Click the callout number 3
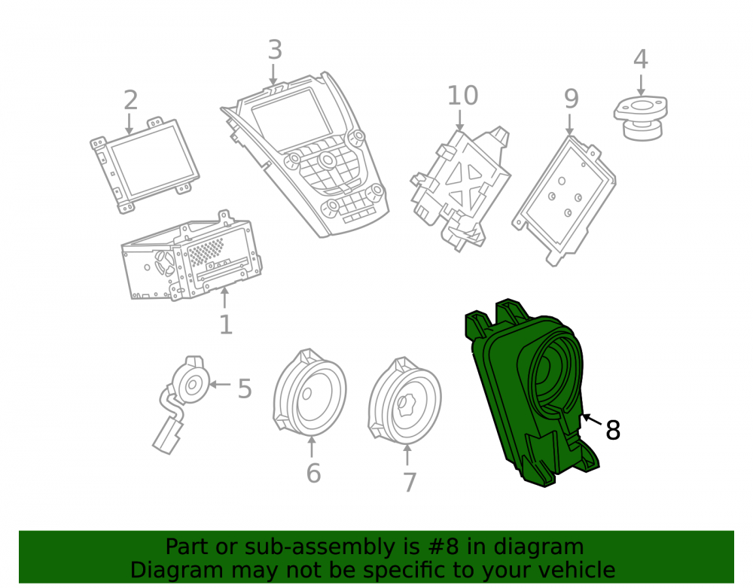(275, 50)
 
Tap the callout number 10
(462, 96)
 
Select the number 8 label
(613, 430)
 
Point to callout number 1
(226, 325)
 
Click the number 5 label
(245, 388)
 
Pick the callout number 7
(409, 483)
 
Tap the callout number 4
(641, 59)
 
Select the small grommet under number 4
(641, 117)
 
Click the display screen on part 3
(291, 120)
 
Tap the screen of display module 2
(149, 160)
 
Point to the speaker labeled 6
(309, 391)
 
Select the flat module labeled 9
(564, 200)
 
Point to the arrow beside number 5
(220, 385)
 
